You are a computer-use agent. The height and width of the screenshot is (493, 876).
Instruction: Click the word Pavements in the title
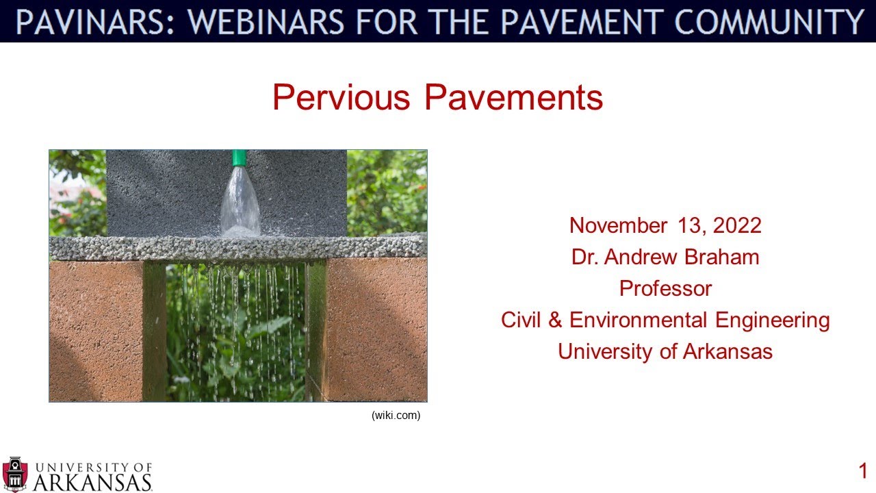(x=513, y=97)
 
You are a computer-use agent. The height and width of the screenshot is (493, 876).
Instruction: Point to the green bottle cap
(x=239, y=158)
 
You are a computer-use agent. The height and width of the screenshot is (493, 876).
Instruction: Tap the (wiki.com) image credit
(x=396, y=416)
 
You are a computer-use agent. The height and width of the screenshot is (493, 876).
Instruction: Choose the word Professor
(x=665, y=288)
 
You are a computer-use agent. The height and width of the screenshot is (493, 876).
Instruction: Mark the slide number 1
(x=863, y=471)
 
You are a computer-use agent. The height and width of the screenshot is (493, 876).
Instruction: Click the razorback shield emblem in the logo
(x=15, y=474)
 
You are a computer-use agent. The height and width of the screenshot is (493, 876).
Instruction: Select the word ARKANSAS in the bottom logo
(x=92, y=482)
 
